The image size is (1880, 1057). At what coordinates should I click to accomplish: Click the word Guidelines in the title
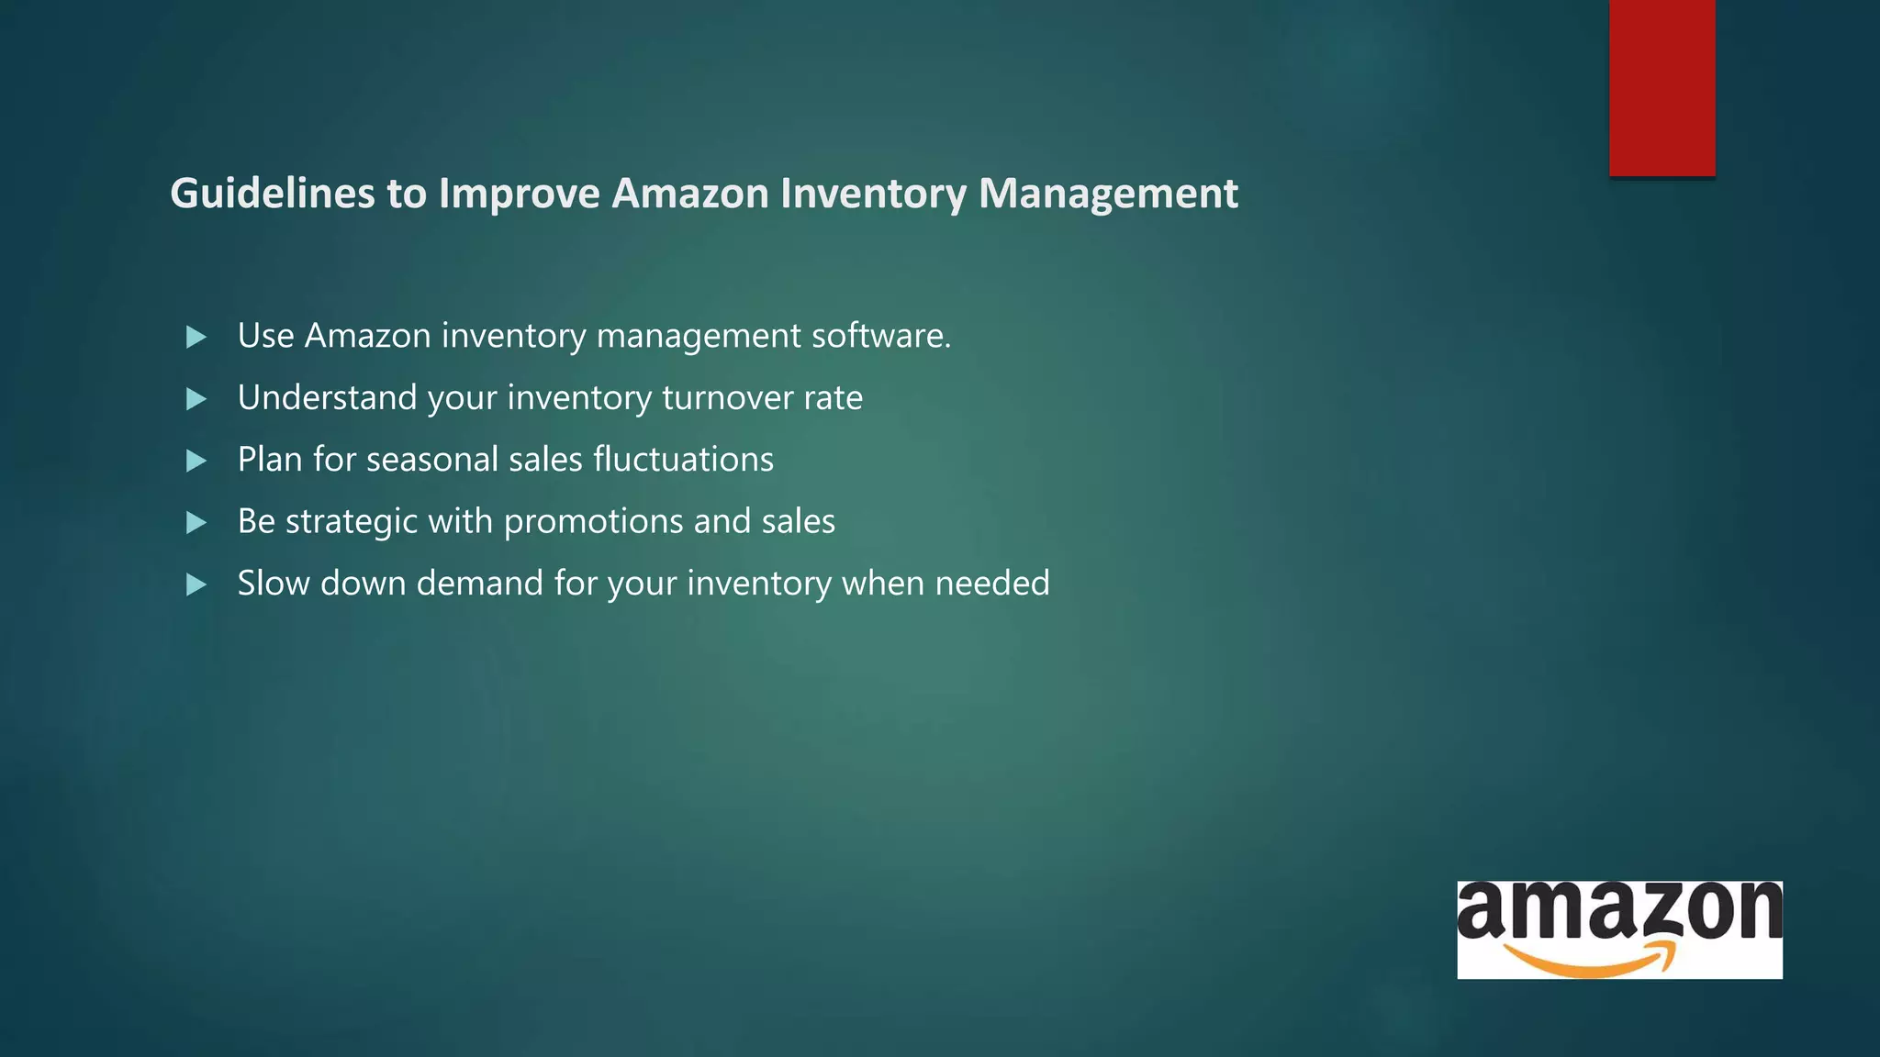point(273,194)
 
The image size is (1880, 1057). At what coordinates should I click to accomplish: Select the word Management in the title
point(1108,194)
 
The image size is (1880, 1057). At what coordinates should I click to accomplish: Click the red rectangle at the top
point(1662,87)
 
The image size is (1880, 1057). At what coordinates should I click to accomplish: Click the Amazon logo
point(1619,929)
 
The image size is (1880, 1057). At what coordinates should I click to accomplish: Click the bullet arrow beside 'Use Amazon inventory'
point(196,337)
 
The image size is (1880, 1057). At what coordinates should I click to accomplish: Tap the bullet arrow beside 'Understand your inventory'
point(196,399)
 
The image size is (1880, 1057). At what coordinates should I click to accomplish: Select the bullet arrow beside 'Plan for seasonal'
point(196,461)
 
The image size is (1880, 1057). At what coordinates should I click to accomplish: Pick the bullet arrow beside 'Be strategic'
point(196,523)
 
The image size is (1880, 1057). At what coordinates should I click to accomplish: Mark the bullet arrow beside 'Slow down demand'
point(196,584)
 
